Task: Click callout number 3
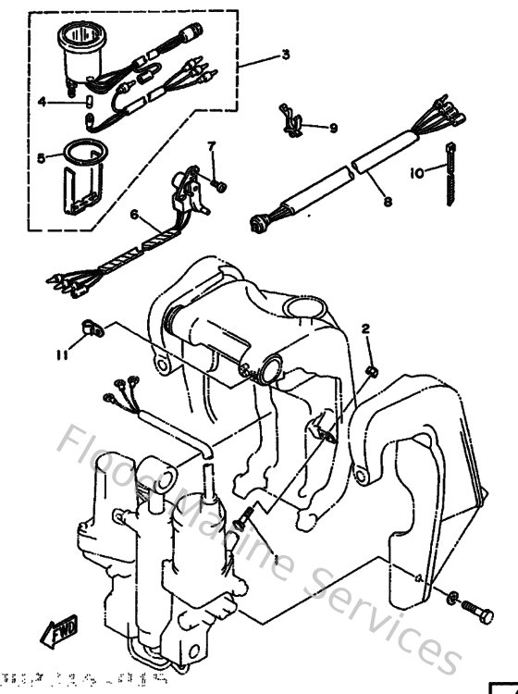(x=286, y=55)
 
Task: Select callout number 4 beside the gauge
(x=42, y=102)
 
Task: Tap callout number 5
(x=42, y=158)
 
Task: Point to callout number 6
(x=134, y=215)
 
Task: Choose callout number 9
(x=333, y=128)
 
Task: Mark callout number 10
(x=416, y=171)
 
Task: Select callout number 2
(x=365, y=328)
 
